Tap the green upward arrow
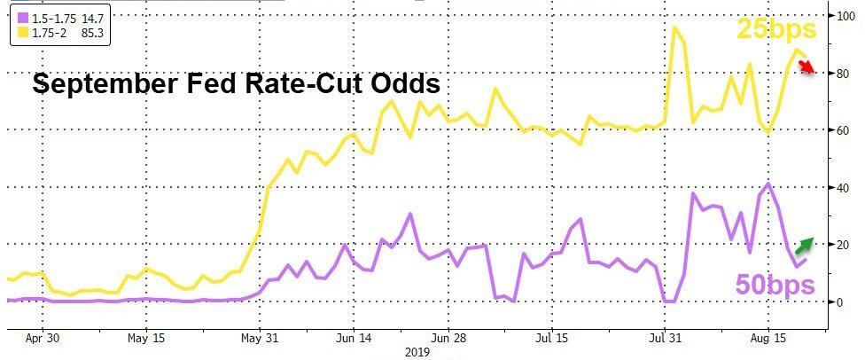tap(804, 240)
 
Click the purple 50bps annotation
tap(775, 286)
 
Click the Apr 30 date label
tap(43, 337)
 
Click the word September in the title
tap(102, 85)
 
